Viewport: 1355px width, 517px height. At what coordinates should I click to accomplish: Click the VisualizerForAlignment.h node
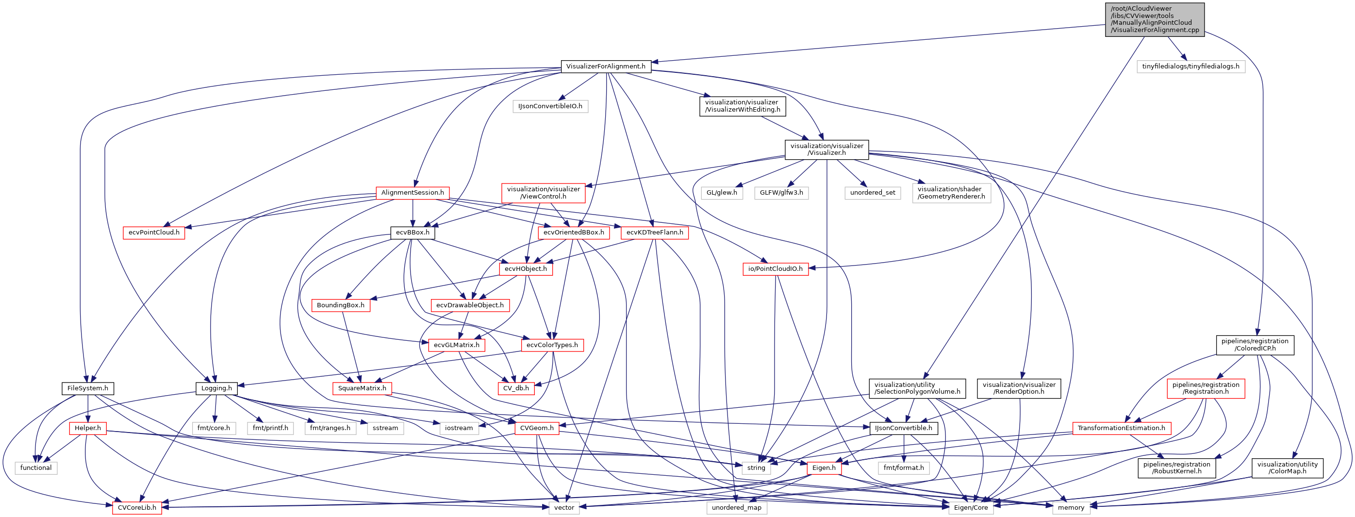click(x=606, y=67)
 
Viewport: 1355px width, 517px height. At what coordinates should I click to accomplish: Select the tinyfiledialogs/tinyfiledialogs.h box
click(x=1190, y=67)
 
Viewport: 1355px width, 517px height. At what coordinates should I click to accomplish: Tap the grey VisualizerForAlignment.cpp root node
click(x=1155, y=19)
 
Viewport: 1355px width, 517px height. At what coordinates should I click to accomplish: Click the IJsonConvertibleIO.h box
click(x=550, y=106)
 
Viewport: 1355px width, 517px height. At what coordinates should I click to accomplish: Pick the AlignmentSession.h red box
click(x=413, y=193)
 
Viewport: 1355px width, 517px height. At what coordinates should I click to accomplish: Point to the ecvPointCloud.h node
click(x=153, y=233)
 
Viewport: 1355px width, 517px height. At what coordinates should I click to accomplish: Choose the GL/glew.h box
click(x=721, y=193)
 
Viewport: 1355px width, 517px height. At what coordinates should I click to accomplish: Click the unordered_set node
click(x=872, y=193)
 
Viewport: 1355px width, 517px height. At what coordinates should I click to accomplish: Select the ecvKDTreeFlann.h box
click(x=654, y=233)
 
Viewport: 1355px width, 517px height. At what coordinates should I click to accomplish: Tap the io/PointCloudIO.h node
click(x=776, y=269)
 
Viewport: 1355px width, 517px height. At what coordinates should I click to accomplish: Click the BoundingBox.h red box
click(x=340, y=305)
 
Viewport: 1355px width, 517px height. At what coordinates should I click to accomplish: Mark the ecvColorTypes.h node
click(x=552, y=345)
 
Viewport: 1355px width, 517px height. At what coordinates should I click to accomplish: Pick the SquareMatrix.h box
click(x=362, y=388)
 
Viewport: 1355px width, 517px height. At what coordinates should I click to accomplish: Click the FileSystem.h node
click(x=88, y=388)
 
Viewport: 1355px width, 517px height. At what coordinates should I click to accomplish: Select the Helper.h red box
click(x=87, y=428)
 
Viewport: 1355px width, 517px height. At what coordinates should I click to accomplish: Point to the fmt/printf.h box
click(x=270, y=428)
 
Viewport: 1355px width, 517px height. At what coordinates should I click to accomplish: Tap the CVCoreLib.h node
click(x=137, y=507)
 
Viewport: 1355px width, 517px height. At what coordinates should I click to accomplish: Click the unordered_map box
click(x=736, y=507)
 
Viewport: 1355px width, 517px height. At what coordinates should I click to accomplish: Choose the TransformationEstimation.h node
click(x=1121, y=428)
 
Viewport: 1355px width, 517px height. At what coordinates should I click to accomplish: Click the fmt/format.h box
click(x=903, y=467)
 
